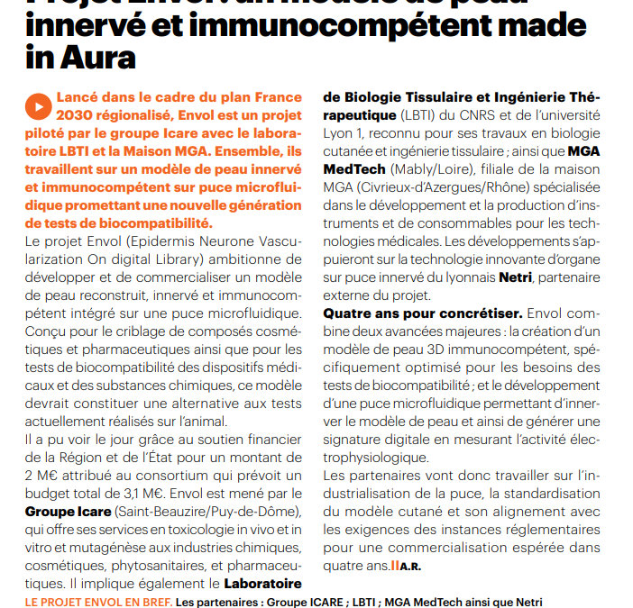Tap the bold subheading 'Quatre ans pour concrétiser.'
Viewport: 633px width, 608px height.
422,313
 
